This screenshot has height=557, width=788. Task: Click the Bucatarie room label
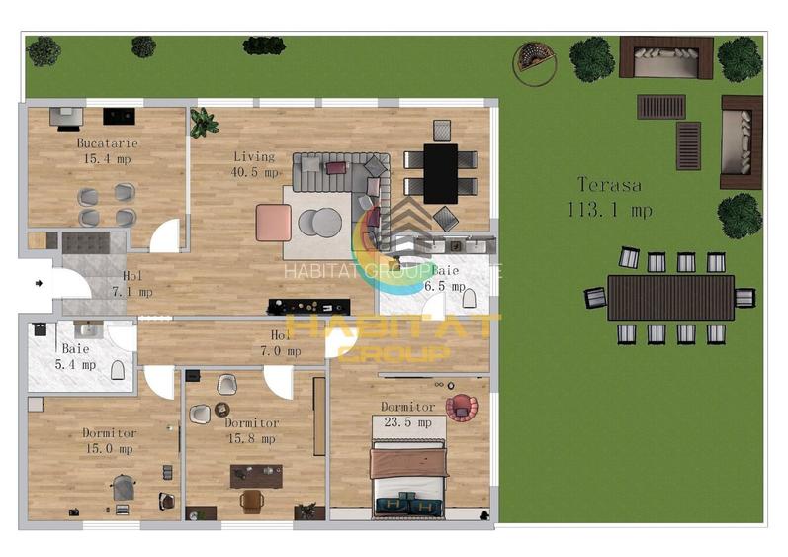108,150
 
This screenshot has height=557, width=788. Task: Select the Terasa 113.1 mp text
609,197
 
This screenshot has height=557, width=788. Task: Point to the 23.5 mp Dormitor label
407,415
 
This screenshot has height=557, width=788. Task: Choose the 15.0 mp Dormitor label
109,440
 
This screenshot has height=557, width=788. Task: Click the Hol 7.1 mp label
132,284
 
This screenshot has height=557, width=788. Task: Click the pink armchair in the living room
273,223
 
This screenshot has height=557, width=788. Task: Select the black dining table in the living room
441,173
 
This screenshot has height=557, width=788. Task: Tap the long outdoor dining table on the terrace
670,297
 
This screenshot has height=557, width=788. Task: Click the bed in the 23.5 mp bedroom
408,477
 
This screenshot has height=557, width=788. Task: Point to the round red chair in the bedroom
460,406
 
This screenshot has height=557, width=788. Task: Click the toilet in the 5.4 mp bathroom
118,371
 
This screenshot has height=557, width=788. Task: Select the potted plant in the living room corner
204,123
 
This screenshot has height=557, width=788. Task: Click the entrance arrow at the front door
38,283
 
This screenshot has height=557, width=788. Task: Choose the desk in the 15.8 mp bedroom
255,477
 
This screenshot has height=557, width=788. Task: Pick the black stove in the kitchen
119,116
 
